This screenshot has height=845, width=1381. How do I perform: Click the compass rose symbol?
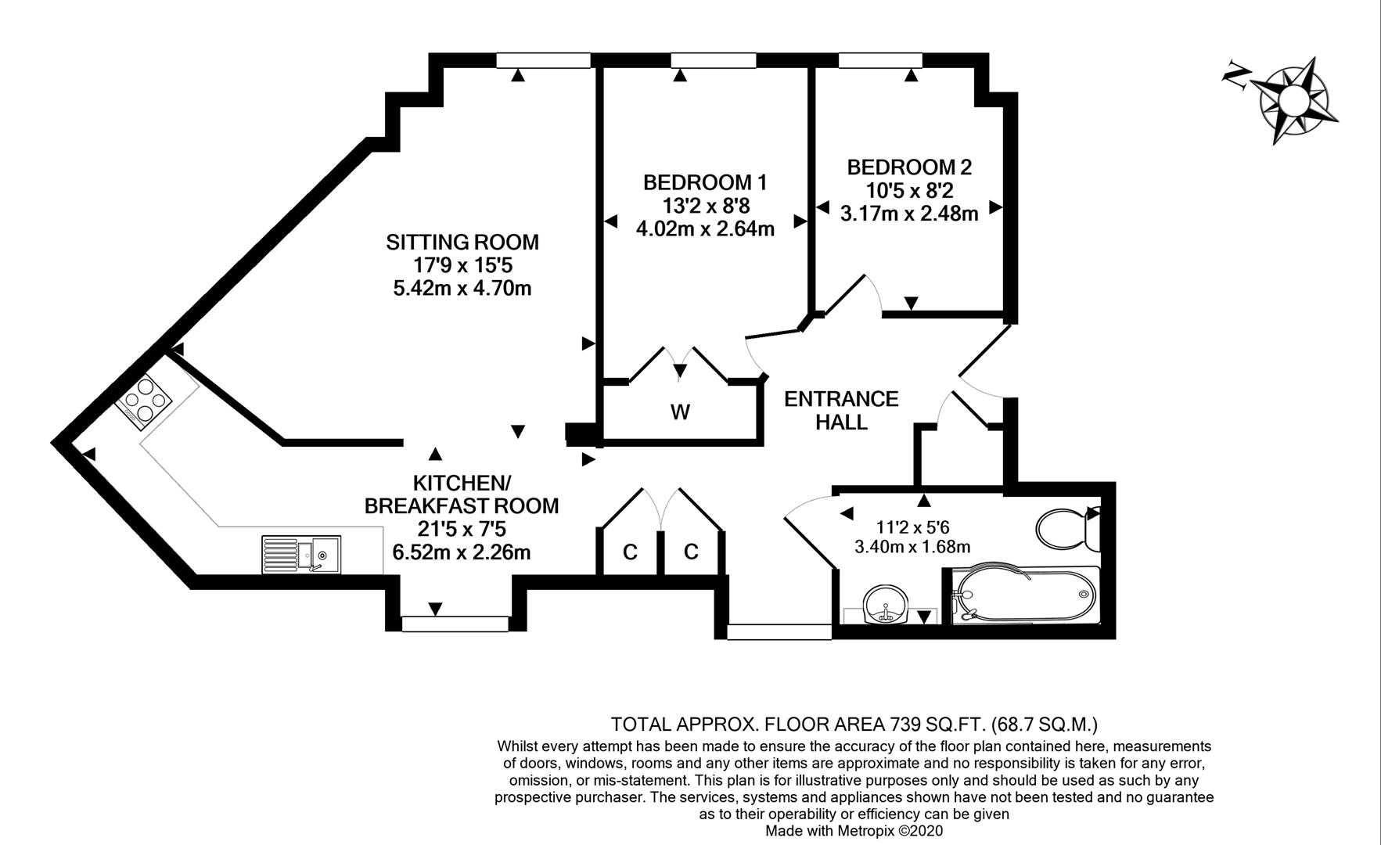tap(1291, 100)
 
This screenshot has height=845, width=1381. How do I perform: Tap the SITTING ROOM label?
tap(462, 242)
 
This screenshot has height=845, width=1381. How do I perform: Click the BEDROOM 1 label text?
tap(705, 182)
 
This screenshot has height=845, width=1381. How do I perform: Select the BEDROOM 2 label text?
tap(909, 167)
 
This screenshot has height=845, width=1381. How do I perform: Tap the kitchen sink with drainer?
tap(301, 554)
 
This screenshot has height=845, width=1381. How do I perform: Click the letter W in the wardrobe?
tap(680, 412)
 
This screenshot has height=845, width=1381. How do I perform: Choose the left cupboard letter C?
tap(630, 552)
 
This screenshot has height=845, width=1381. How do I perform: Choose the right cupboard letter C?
tap(691, 552)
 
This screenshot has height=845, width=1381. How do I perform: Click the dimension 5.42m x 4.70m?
tap(462, 288)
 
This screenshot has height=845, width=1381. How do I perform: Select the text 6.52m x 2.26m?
tap(462, 552)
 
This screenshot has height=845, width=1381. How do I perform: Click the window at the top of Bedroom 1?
tap(714, 61)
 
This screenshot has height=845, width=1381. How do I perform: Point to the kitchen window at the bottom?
tap(455, 624)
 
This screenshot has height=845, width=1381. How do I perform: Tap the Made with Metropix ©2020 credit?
tap(854, 831)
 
